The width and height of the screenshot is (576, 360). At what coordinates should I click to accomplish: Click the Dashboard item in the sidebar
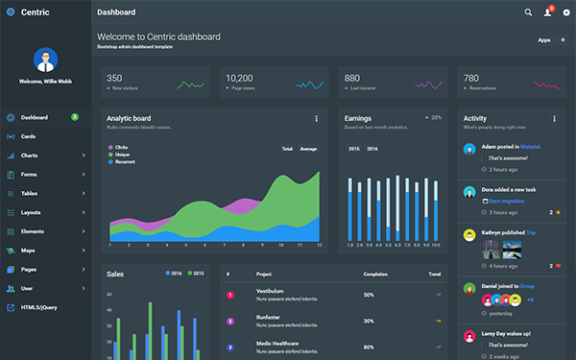(34, 117)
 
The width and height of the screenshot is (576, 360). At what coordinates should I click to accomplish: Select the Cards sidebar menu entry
(28, 136)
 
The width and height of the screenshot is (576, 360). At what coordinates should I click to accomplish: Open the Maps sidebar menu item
(28, 251)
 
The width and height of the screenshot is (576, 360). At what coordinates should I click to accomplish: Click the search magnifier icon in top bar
(528, 12)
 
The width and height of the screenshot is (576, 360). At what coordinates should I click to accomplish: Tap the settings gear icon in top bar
(565, 12)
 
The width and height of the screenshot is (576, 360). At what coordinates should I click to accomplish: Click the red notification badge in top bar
(551, 8)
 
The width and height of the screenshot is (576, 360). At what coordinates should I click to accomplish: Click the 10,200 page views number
(239, 78)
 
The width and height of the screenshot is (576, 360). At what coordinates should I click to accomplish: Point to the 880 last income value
(352, 78)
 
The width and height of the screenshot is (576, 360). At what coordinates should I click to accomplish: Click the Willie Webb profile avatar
(45, 60)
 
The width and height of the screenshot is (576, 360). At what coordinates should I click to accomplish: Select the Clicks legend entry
(121, 147)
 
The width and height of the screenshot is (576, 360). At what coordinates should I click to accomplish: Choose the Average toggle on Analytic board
(308, 149)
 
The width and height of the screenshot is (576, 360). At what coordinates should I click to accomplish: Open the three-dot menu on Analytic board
(316, 119)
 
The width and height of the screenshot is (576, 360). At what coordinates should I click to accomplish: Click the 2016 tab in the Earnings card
(372, 149)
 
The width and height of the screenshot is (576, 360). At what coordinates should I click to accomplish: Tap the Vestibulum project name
(269, 290)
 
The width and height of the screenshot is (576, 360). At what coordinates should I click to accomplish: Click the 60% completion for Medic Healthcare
(369, 347)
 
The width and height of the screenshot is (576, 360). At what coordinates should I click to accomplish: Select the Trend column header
(435, 275)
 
